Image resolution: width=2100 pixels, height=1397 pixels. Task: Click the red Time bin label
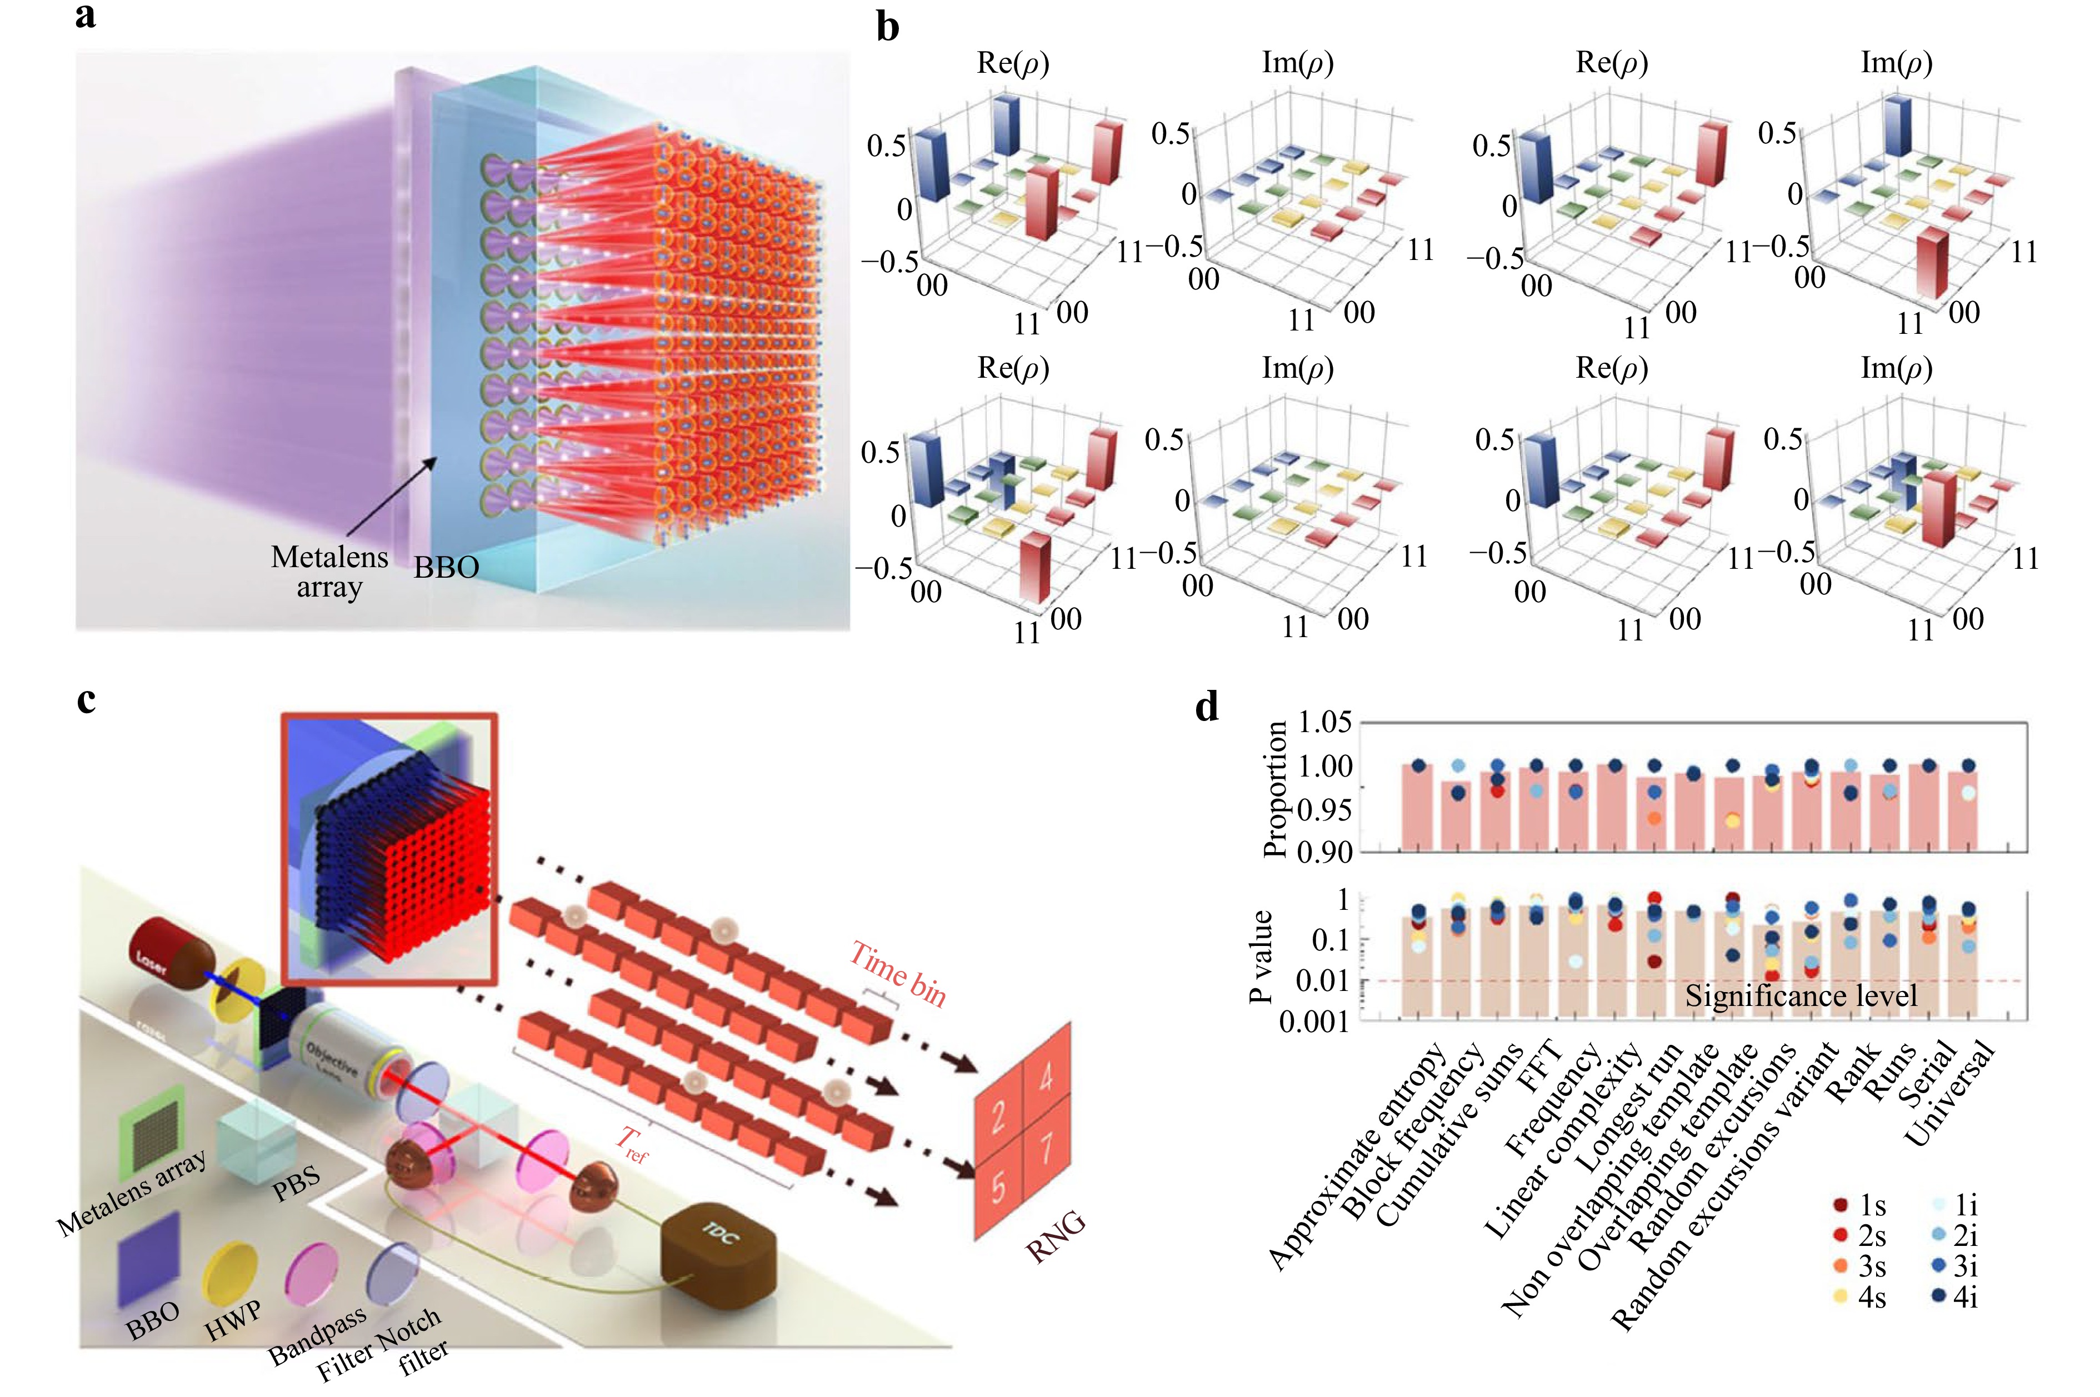[897, 973]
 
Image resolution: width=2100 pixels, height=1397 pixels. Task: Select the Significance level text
[1801, 995]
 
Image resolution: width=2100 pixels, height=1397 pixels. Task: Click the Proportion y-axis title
[1276, 788]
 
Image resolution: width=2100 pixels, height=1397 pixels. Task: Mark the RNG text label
[1056, 1236]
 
